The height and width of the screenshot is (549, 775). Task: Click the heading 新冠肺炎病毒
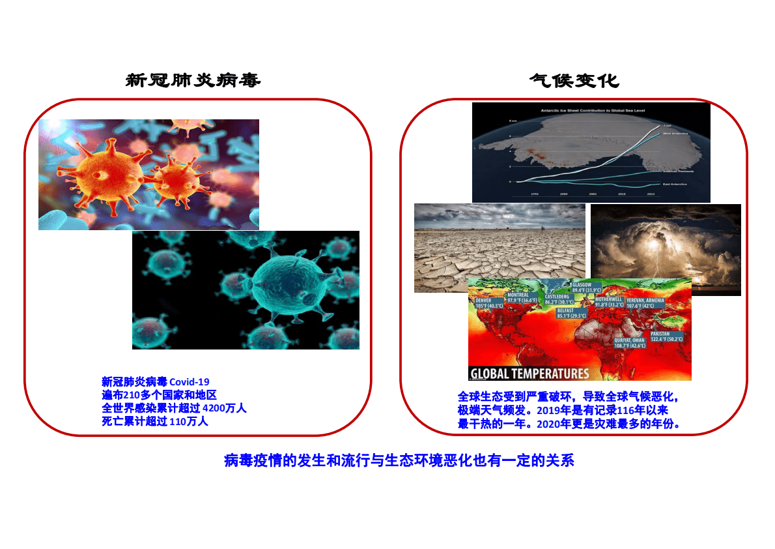[x=193, y=81]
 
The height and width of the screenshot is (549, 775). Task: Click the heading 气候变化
[x=573, y=81]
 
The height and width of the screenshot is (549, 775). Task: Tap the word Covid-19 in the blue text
[x=190, y=382]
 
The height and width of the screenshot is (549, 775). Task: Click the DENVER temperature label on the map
[x=488, y=303]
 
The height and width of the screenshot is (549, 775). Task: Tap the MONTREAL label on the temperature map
[x=522, y=298]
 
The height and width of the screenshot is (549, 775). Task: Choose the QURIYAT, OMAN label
[x=630, y=343]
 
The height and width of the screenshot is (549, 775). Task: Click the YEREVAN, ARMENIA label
[x=645, y=303]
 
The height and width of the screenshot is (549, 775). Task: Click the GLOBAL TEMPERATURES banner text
[x=529, y=374]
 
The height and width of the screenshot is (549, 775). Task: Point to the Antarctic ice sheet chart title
[x=591, y=111]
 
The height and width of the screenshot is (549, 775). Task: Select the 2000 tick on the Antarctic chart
[x=563, y=194]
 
